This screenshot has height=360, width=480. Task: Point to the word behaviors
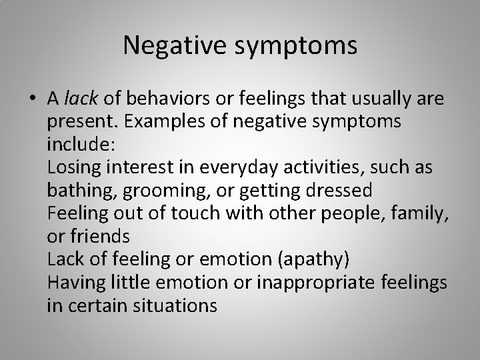click(156, 99)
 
